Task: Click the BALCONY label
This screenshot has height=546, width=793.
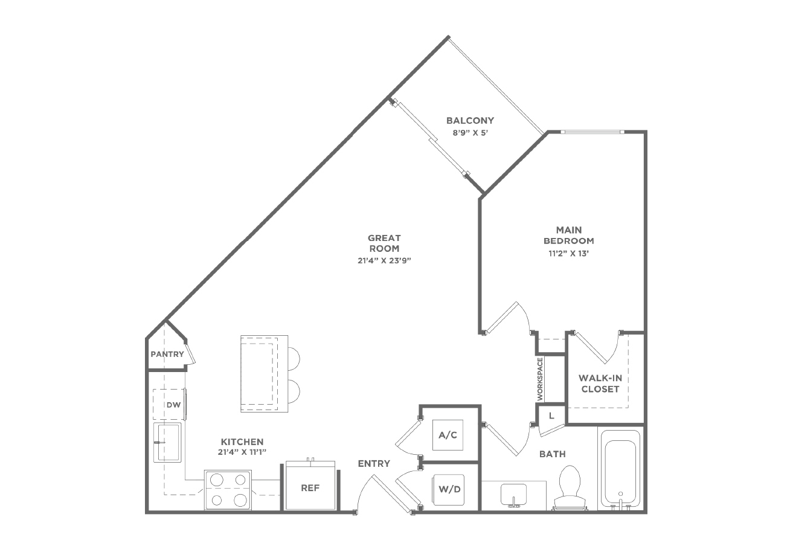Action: point(470,121)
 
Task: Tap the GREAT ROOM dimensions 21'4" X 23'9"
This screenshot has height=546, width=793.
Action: point(384,261)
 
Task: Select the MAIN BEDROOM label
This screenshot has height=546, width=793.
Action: point(569,236)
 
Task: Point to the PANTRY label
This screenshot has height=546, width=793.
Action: point(167,354)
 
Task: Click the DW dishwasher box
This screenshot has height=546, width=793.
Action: point(169,404)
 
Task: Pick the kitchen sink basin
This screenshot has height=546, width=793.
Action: point(167,442)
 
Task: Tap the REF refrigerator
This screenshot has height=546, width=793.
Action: point(310,486)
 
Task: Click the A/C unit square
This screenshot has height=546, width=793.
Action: point(448,435)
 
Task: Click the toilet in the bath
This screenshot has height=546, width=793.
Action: point(570,487)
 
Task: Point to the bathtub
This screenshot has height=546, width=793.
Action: point(620,470)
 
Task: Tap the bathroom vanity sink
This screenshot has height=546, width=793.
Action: point(513,495)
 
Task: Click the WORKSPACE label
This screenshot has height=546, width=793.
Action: point(540,379)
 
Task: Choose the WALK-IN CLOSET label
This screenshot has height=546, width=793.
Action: point(600,384)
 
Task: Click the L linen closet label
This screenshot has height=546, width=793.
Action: point(551,416)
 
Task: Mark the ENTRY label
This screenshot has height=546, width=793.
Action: point(374,463)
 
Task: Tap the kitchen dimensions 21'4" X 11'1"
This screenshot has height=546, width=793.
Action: point(242,452)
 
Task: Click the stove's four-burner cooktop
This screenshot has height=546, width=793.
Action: point(228,490)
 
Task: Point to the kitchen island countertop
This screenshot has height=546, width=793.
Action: point(264,374)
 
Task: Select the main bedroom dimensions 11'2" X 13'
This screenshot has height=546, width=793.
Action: point(569,254)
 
